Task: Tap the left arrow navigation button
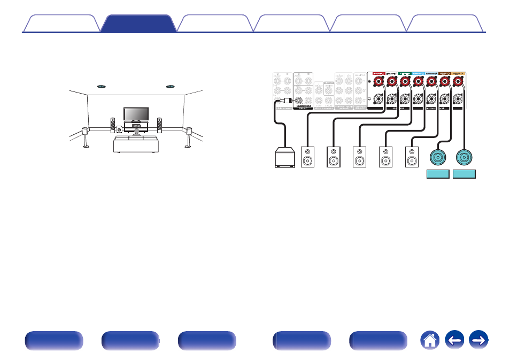[x=455, y=340]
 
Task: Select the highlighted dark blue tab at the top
[x=138, y=24]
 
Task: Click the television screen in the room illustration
[x=136, y=114]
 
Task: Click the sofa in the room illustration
[x=136, y=144]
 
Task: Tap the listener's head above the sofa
[x=136, y=130]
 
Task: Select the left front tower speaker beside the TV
[x=113, y=125]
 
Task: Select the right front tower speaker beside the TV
[x=159, y=125]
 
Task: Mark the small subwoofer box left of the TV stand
[x=119, y=129]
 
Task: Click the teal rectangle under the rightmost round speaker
[x=464, y=174]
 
